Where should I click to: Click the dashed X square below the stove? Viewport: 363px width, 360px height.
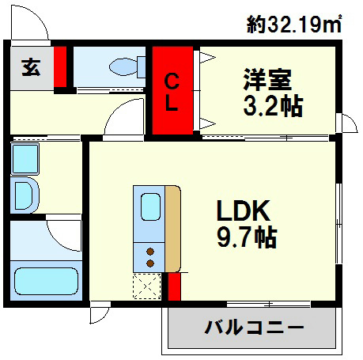(x=148, y=285)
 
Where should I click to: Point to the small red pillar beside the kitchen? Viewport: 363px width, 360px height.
(x=175, y=286)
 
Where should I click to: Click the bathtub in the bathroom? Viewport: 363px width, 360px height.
(x=43, y=280)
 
